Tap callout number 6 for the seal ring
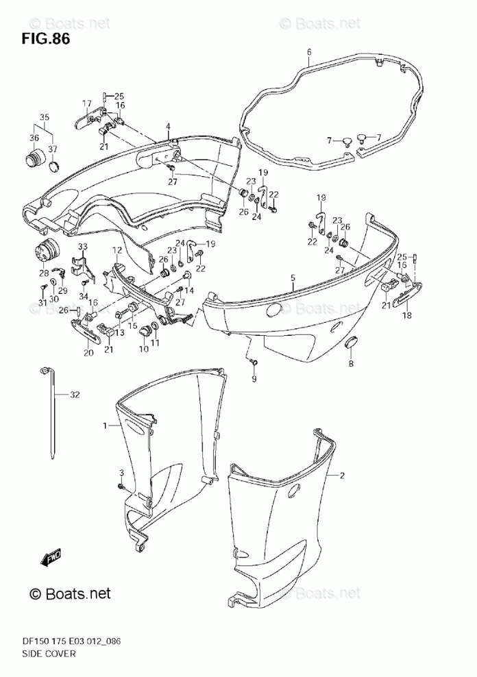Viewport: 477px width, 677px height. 309,52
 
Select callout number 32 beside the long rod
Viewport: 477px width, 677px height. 75,395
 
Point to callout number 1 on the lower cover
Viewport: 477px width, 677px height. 106,426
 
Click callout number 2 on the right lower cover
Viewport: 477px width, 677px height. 341,475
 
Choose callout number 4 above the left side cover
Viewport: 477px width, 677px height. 167,127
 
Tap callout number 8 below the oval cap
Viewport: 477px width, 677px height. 351,363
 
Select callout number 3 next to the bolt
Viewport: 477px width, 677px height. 121,474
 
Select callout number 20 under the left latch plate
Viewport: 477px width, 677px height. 88,353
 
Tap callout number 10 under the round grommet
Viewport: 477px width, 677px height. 143,349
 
